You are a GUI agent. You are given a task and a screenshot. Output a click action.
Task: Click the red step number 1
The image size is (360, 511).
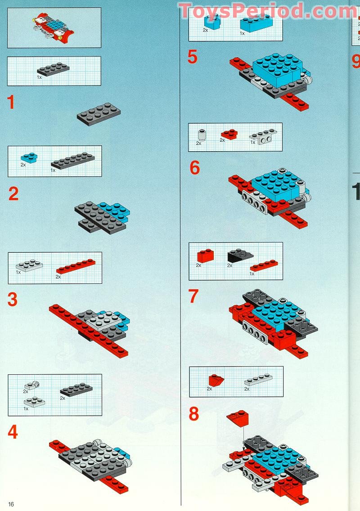pyautogui.click(x=11, y=103)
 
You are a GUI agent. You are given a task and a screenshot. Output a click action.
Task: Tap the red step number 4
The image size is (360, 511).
pyautogui.click(x=13, y=432)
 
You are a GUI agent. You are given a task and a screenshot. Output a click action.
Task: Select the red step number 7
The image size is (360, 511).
pyautogui.click(x=193, y=296)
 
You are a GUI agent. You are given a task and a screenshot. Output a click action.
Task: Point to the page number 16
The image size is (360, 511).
pyautogui.click(x=11, y=504)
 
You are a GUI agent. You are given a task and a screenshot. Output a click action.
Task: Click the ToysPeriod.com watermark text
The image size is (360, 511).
pyautogui.click(x=267, y=11)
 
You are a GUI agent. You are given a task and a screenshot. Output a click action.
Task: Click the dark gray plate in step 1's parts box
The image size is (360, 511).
pyautogui.click(x=53, y=69)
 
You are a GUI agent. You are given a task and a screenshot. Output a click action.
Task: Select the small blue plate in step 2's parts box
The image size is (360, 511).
pyautogui.click(x=29, y=157)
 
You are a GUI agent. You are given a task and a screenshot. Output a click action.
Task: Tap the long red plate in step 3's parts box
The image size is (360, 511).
pyautogui.click(x=75, y=266)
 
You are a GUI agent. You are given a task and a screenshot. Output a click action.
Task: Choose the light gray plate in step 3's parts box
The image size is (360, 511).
pyautogui.click(x=28, y=267)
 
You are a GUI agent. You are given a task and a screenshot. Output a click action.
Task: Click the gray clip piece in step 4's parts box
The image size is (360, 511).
pyautogui.click(x=31, y=385)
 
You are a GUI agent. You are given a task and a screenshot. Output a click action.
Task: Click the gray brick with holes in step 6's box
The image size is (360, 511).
pyautogui.click(x=263, y=137)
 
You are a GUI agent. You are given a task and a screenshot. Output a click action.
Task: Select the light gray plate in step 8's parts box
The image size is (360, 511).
pyautogui.click(x=258, y=380)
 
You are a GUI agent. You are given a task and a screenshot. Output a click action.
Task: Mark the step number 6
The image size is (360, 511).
pyautogui.click(x=194, y=168)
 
